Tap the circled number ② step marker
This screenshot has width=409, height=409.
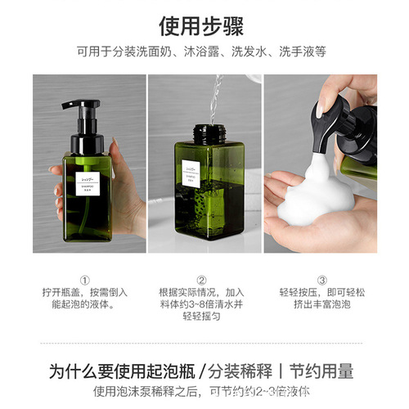[x=202, y=279]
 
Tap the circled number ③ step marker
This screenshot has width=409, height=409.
[x=321, y=279]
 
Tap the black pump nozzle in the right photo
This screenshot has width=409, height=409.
[x=321, y=140]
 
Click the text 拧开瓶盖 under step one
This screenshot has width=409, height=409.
[x=62, y=292]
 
